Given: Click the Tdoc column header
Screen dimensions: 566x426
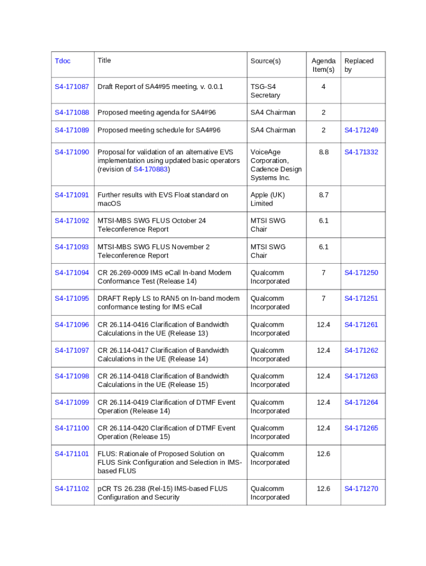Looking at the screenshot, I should [63, 61].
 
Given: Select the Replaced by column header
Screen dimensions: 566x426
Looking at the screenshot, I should [359, 65].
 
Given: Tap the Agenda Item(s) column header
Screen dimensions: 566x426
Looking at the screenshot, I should [323, 65].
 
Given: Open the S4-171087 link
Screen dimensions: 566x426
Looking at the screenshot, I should [71, 87].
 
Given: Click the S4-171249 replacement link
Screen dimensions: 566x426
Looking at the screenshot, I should [361, 130].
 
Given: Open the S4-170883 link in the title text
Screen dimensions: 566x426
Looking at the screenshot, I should [150, 169].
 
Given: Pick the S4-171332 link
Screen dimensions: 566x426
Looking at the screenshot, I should [361, 152].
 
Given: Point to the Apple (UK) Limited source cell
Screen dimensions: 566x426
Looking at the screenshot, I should [268, 199].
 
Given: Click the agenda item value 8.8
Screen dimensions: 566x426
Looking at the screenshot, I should [323, 152].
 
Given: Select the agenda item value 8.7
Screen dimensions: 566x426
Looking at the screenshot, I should [323, 195].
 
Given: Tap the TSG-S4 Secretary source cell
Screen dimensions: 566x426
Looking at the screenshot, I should [266, 91].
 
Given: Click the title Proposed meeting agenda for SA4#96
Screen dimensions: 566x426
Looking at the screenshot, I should [157, 113].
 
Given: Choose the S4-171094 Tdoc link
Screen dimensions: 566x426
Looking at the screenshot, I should [71, 272].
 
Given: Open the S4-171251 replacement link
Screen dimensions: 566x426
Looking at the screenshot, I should [361, 298].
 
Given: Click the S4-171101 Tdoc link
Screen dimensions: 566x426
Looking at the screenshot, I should [71, 454].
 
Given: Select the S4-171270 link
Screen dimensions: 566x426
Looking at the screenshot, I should [361, 489].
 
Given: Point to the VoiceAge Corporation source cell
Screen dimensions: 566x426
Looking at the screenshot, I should [276, 165].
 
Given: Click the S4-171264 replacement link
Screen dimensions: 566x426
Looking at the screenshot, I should [361, 402].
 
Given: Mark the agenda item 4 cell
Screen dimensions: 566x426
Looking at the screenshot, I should [323, 87].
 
